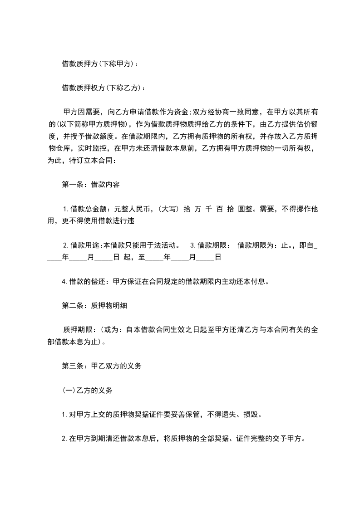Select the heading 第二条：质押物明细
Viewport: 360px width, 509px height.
[x=94, y=305]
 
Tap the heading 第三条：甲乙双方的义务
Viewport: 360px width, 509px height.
[x=101, y=366]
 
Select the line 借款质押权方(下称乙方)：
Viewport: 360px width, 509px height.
[x=104, y=88]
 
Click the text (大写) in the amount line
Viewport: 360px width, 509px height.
[x=168, y=209]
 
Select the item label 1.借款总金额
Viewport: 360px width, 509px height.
[x=84, y=209]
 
